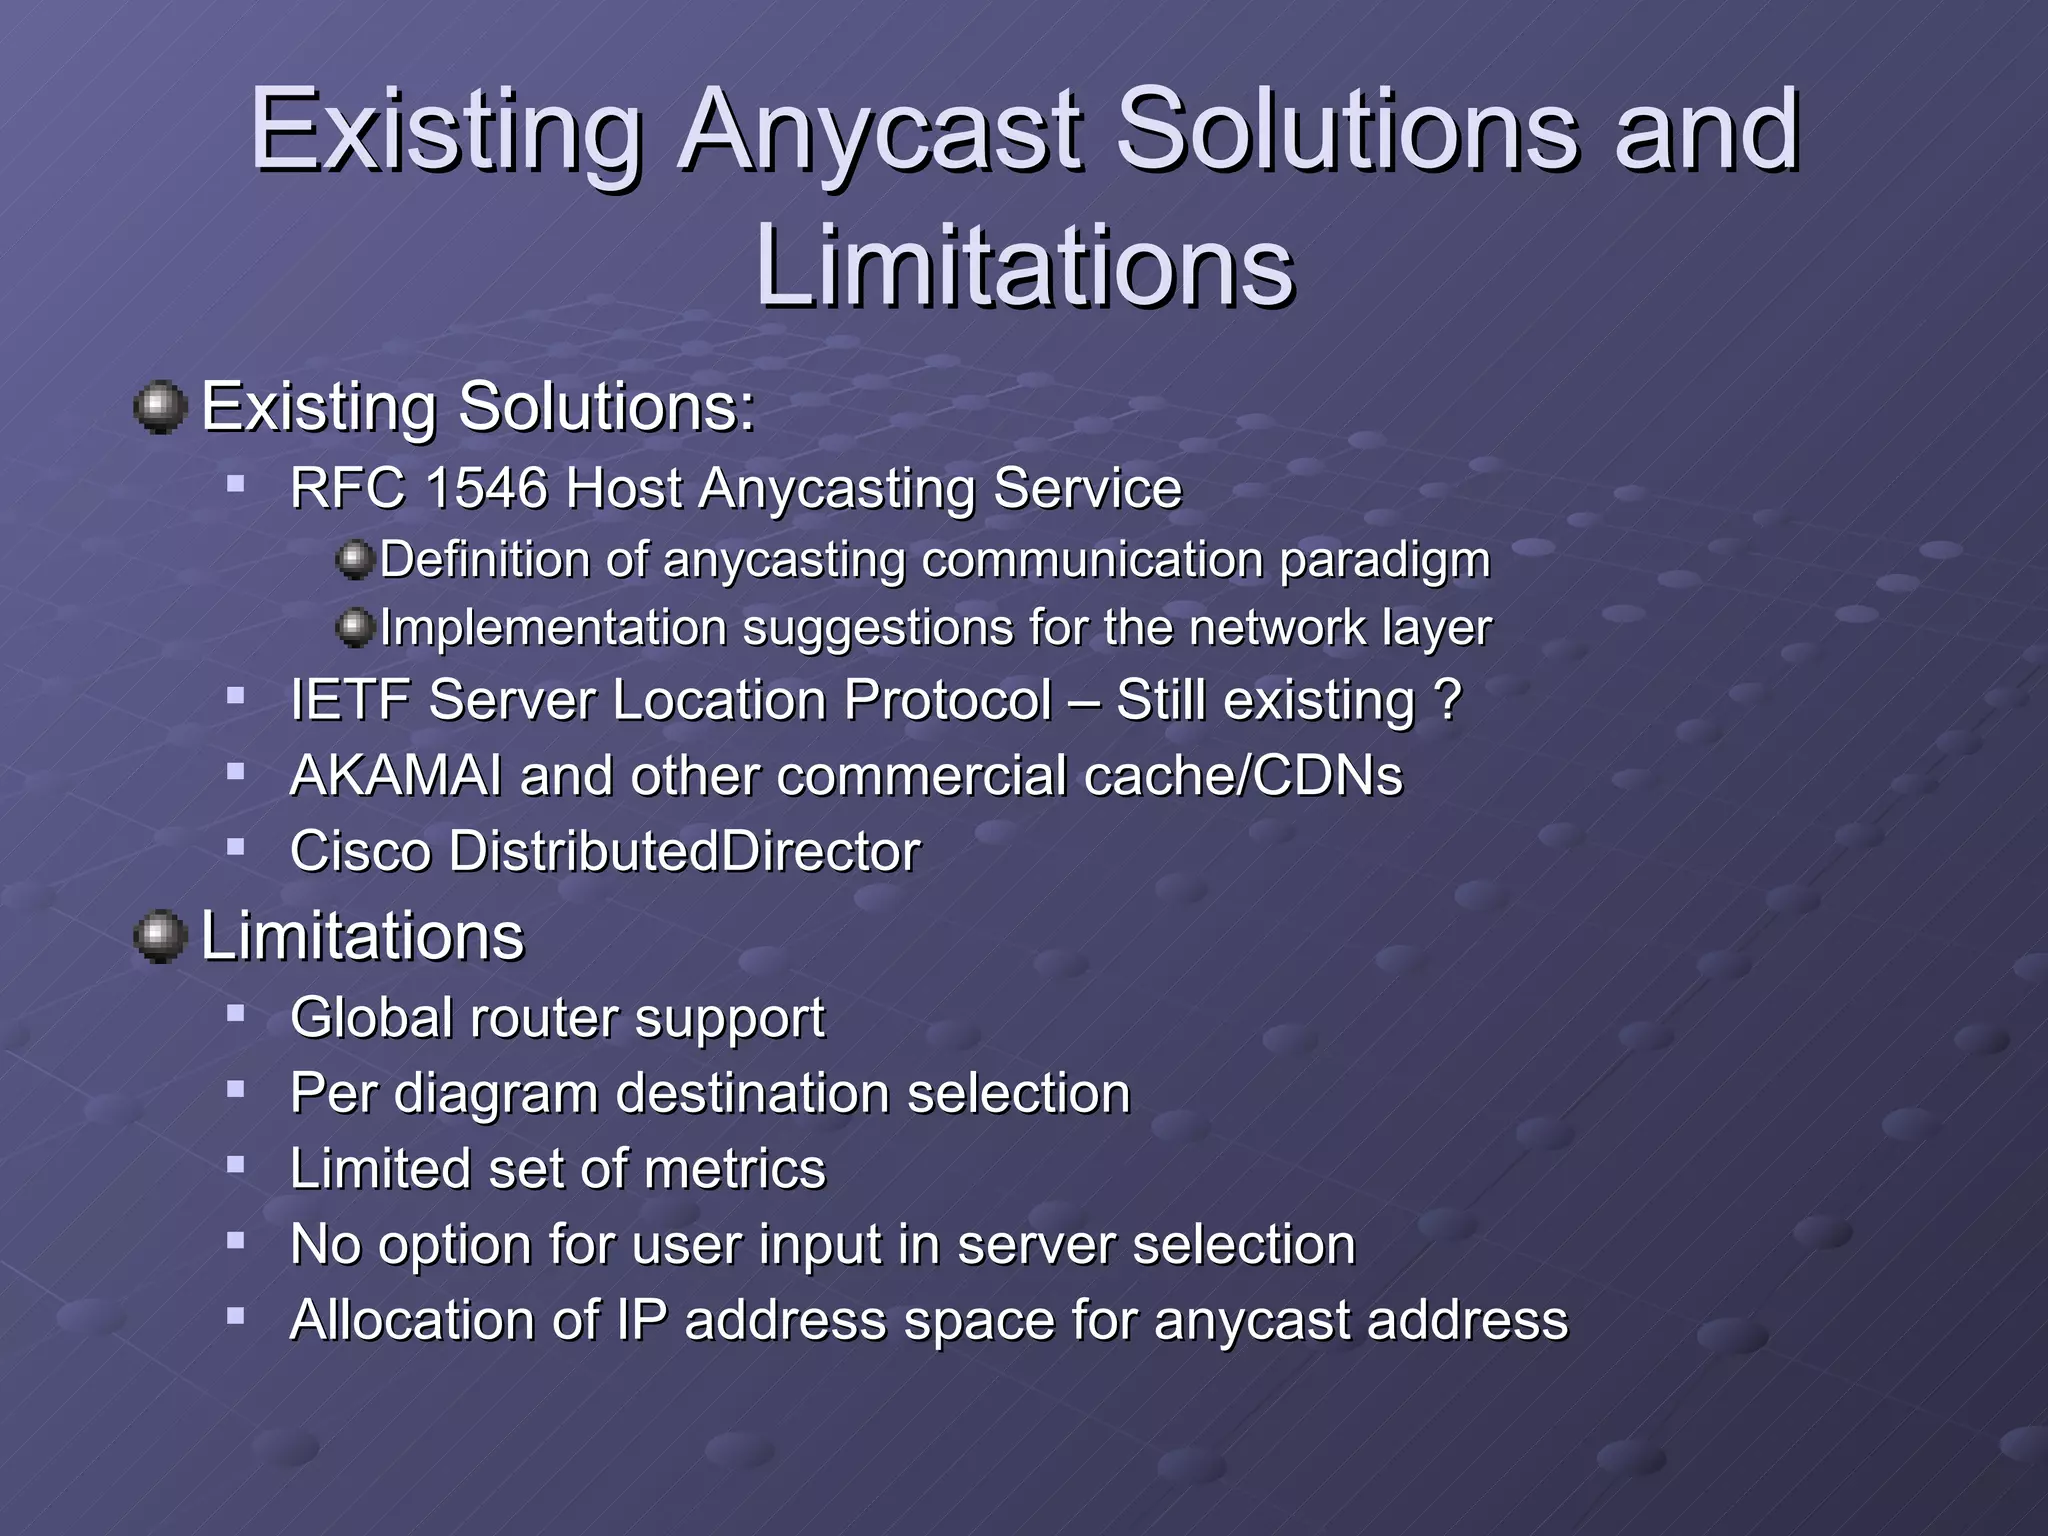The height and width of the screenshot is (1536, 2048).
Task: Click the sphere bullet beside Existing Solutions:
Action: click(160, 408)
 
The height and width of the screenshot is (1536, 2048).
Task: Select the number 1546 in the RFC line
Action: click(487, 490)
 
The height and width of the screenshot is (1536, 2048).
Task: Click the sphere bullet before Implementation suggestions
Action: click(354, 628)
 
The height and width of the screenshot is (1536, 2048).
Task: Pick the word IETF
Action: click(350, 700)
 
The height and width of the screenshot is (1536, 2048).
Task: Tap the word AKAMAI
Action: click(395, 776)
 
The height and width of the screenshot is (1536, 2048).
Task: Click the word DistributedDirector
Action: click(684, 852)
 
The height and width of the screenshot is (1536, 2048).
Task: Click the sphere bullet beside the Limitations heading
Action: click(160, 937)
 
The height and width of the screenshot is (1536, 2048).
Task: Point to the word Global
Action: click(370, 1018)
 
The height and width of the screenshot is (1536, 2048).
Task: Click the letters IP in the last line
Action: click(641, 1320)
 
